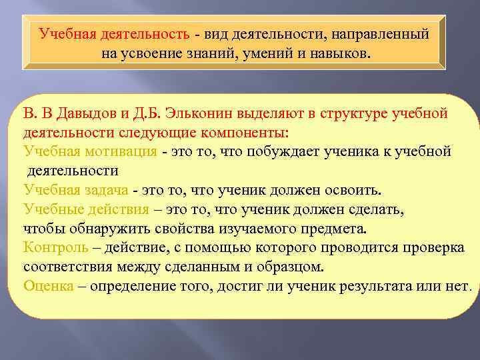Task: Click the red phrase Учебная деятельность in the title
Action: click(115, 33)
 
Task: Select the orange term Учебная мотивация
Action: click(90, 151)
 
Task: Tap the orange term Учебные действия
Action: click(86, 209)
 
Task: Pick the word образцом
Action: click(289, 267)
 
